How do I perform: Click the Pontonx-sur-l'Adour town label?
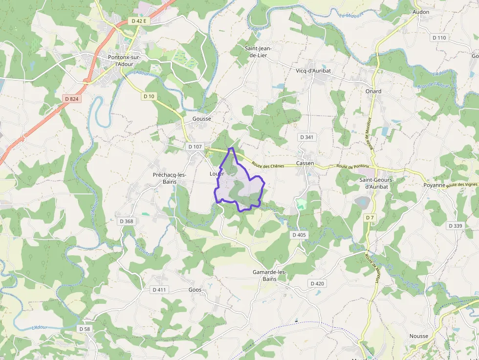(124, 61)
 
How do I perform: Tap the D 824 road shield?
(71, 99)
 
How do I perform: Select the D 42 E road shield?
(139, 21)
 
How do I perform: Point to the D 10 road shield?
(149, 96)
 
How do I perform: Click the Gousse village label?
(202, 119)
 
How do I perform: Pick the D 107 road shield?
(195, 147)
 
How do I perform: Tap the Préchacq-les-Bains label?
(170, 178)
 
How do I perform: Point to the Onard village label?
(373, 91)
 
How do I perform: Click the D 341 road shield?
(306, 137)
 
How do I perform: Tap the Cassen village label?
(305, 163)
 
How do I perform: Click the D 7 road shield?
(370, 217)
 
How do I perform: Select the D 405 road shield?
(299, 235)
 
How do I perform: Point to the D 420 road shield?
(317, 283)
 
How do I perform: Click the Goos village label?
(195, 290)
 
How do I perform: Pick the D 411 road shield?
(159, 290)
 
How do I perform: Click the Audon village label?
(421, 12)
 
